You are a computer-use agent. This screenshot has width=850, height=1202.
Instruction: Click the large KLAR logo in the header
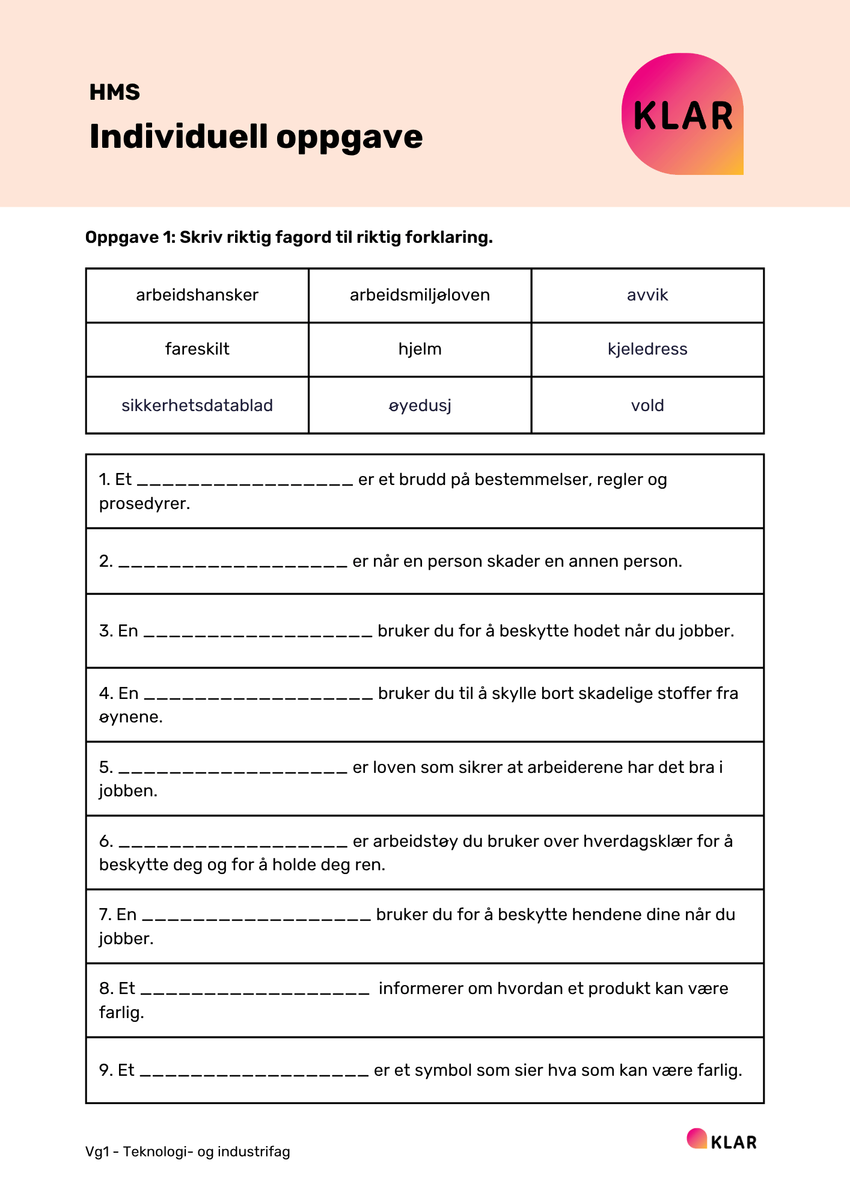click(683, 114)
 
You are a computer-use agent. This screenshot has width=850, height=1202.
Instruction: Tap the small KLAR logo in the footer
click(722, 1140)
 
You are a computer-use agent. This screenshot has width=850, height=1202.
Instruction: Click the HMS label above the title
click(115, 92)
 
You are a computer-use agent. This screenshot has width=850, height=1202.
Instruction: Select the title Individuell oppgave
click(256, 136)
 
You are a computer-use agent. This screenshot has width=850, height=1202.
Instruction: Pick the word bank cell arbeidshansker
click(197, 295)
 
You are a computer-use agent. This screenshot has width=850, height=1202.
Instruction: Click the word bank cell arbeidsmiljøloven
click(420, 295)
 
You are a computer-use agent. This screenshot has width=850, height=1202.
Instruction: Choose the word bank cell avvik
click(647, 295)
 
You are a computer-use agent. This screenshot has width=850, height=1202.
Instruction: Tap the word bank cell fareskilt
click(197, 349)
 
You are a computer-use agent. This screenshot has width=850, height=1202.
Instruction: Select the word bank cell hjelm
click(420, 349)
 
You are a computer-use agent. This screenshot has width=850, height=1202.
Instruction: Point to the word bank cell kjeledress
click(647, 349)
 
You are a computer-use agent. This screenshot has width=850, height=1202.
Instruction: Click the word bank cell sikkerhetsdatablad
click(197, 406)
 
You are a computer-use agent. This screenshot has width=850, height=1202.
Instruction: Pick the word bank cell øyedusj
click(420, 406)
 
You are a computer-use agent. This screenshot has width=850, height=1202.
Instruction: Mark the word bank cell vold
click(647, 406)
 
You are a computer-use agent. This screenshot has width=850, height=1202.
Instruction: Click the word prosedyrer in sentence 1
click(144, 504)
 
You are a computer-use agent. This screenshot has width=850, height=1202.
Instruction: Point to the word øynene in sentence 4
click(130, 717)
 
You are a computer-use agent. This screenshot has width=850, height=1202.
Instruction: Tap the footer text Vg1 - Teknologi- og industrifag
click(188, 1152)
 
